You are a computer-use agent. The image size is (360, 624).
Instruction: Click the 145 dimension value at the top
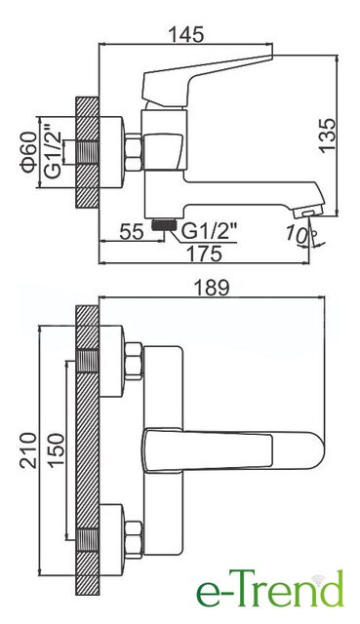(x=186, y=35)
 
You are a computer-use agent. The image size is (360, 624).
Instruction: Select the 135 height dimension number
(x=328, y=135)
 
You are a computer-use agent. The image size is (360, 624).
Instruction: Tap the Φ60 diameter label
(x=30, y=152)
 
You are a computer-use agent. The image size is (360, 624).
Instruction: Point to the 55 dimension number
(x=131, y=232)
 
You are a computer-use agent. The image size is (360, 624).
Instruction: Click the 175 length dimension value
(x=204, y=253)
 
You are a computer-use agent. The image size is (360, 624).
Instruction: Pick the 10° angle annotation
(x=298, y=234)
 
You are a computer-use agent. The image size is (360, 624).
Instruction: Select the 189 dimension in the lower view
(x=212, y=288)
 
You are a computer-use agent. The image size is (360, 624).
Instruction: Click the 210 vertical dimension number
(x=28, y=450)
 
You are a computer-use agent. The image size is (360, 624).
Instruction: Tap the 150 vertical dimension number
(x=56, y=449)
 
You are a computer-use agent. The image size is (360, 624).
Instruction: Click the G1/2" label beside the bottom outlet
(x=209, y=231)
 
